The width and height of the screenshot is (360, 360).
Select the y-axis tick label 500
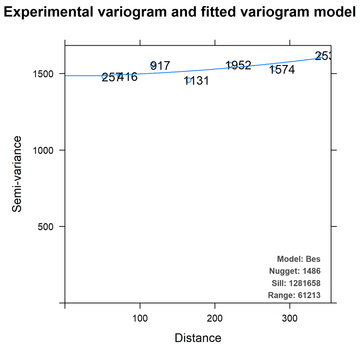point(46,227)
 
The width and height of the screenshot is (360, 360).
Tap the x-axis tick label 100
point(140,318)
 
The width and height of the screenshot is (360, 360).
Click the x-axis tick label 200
point(215,318)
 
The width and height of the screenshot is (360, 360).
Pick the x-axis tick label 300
point(290,318)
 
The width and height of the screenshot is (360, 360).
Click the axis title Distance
point(198,338)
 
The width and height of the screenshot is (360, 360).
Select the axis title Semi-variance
point(17,174)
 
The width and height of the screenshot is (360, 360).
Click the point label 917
point(160,66)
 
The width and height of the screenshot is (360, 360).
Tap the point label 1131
point(196,81)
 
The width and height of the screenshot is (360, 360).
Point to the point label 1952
point(238,65)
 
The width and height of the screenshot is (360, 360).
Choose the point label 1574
point(282,70)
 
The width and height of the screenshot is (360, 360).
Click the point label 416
point(128,77)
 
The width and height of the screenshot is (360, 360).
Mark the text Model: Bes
point(298,259)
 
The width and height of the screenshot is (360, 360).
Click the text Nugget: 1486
point(295,271)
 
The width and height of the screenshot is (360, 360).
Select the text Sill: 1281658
point(296,283)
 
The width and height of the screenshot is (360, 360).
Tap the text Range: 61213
point(294,295)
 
